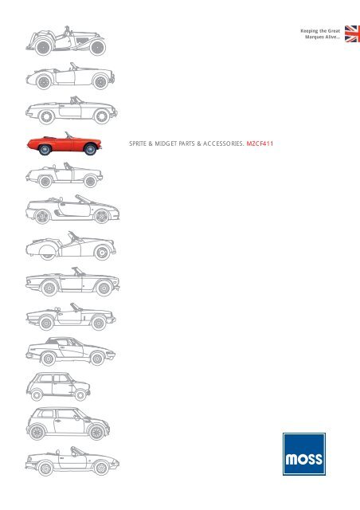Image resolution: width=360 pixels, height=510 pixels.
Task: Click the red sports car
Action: (x=65, y=143)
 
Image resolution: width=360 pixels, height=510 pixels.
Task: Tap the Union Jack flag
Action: (x=352, y=33)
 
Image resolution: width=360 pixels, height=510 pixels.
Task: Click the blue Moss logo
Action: (x=304, y=454)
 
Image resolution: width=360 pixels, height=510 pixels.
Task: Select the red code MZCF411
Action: (x=260, y=143)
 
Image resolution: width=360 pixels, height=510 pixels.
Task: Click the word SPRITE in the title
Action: (x=138, y=143)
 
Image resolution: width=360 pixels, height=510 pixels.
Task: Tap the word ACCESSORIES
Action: (x=224, y=143)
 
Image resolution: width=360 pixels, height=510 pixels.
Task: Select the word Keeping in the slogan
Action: (x=309, y=31)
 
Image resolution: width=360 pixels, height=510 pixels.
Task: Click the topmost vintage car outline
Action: (x=66, y=41)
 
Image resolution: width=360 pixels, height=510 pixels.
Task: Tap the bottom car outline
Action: (x=72, y=461)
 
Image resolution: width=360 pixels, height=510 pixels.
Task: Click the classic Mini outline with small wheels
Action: (x=58, y=386)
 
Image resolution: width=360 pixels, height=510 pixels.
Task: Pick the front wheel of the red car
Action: (x=90, y=149)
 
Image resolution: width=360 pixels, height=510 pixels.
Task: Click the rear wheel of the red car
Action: (x=45, y=149)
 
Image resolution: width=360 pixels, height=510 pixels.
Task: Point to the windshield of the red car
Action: (x=68, y=135)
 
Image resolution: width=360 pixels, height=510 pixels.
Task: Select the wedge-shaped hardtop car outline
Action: (x=70, y=351)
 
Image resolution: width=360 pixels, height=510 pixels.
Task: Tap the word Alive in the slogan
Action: (x=331, y=37)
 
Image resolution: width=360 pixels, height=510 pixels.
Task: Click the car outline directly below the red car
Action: (x=64, y=175)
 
